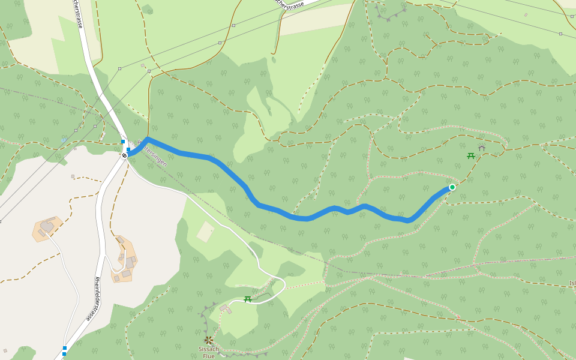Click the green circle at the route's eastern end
tap(452, 187)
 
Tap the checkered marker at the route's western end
tap(124, 155)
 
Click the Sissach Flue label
tap(209, 352)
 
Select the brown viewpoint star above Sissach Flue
tap(208, 340)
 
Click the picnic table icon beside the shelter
tap(471, 156)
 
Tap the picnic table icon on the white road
tap(247, 299)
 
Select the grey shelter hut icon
tap(481, 148)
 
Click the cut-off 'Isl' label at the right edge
tap(572, 283)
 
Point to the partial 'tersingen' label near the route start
tap(154, 154)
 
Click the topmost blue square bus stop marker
tap(123, 142)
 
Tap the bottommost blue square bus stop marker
tap(64, 354)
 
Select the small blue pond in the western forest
tap(64, 140)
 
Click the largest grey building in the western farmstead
tap(47, 226)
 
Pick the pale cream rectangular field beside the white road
tap(205, 232)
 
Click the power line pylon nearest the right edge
tap(560, 34)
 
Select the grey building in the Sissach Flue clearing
tap(224, 308)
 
